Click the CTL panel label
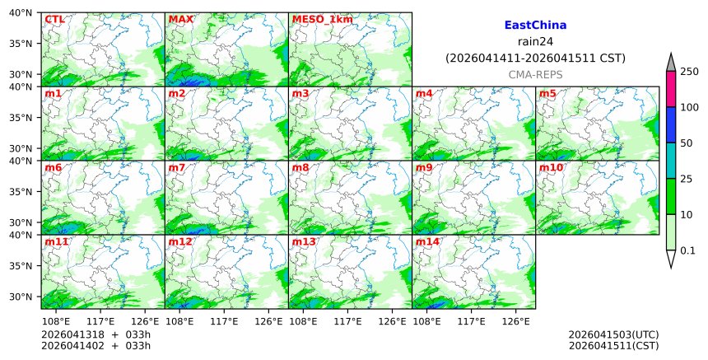pos(55,19)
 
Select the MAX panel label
pos(180,19)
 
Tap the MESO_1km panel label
pos(322,19)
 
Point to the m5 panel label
pos(547,93)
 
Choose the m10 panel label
pos(551,167)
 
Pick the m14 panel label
pos(427,241)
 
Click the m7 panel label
pos(177,167)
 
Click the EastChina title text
pos(535,26)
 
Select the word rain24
pos(535,42)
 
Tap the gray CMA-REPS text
pos(535,75)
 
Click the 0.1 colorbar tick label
pos(687,250)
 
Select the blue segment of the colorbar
pos(671,124)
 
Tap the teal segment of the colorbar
pos(671,161)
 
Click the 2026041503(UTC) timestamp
pos(613,334)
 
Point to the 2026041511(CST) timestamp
pos(613,345)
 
